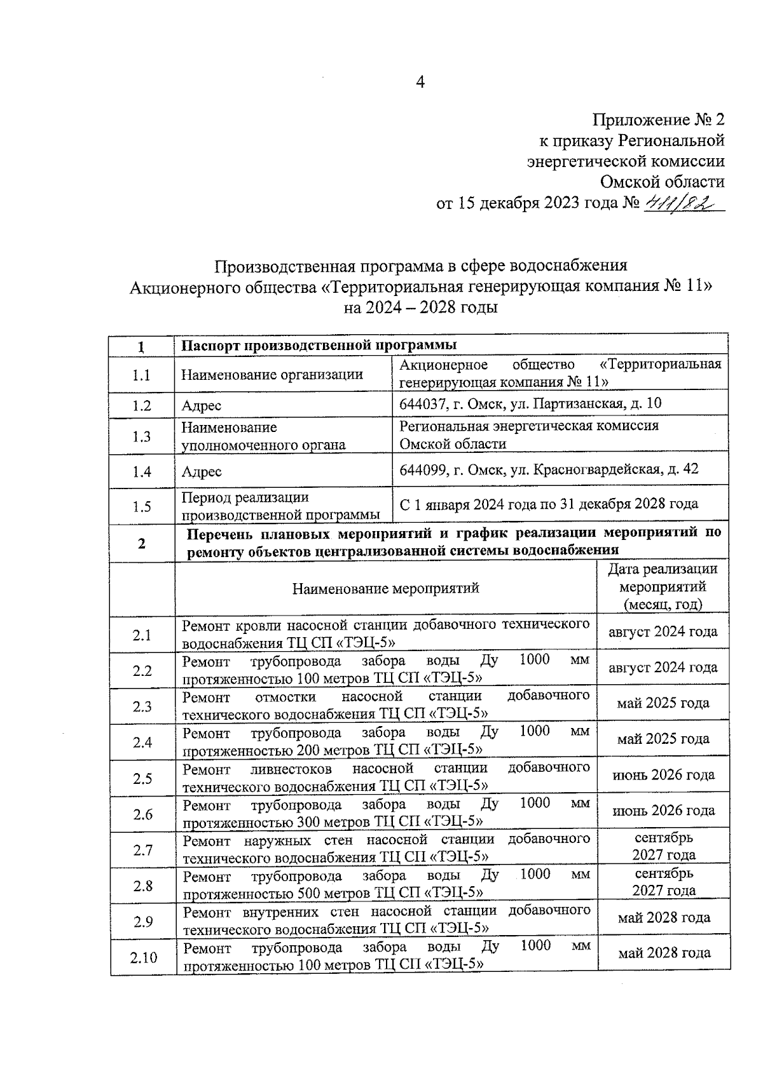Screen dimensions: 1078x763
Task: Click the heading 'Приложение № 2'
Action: (658, 120)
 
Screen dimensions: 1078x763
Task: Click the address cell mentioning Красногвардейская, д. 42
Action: (548, 469)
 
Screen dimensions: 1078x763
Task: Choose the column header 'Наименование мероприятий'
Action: (385, 588)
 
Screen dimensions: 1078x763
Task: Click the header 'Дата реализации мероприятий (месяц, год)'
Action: (663, 586)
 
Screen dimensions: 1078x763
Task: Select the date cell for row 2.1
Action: (663, 631)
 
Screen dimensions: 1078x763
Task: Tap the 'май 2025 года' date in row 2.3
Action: (663, 703)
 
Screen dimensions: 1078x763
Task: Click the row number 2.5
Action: (142, 779)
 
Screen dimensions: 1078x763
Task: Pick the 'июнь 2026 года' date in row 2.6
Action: (663, 811)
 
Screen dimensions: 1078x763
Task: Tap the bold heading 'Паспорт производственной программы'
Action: (319, 346)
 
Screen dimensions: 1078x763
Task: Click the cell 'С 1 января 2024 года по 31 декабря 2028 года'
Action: (548, 504)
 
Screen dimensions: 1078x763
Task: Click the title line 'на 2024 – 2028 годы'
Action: (420, 307)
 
